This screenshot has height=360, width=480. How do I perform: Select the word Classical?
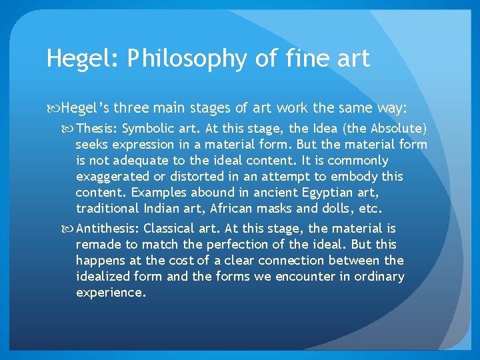tap(171, 228)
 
